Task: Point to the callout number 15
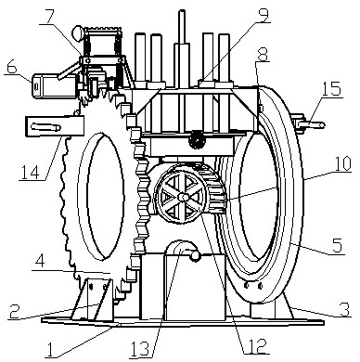point(331,89)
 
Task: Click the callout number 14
point(30,172)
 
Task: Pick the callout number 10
point(341,164)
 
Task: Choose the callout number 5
point(337,245)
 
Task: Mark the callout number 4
point(39,262)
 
